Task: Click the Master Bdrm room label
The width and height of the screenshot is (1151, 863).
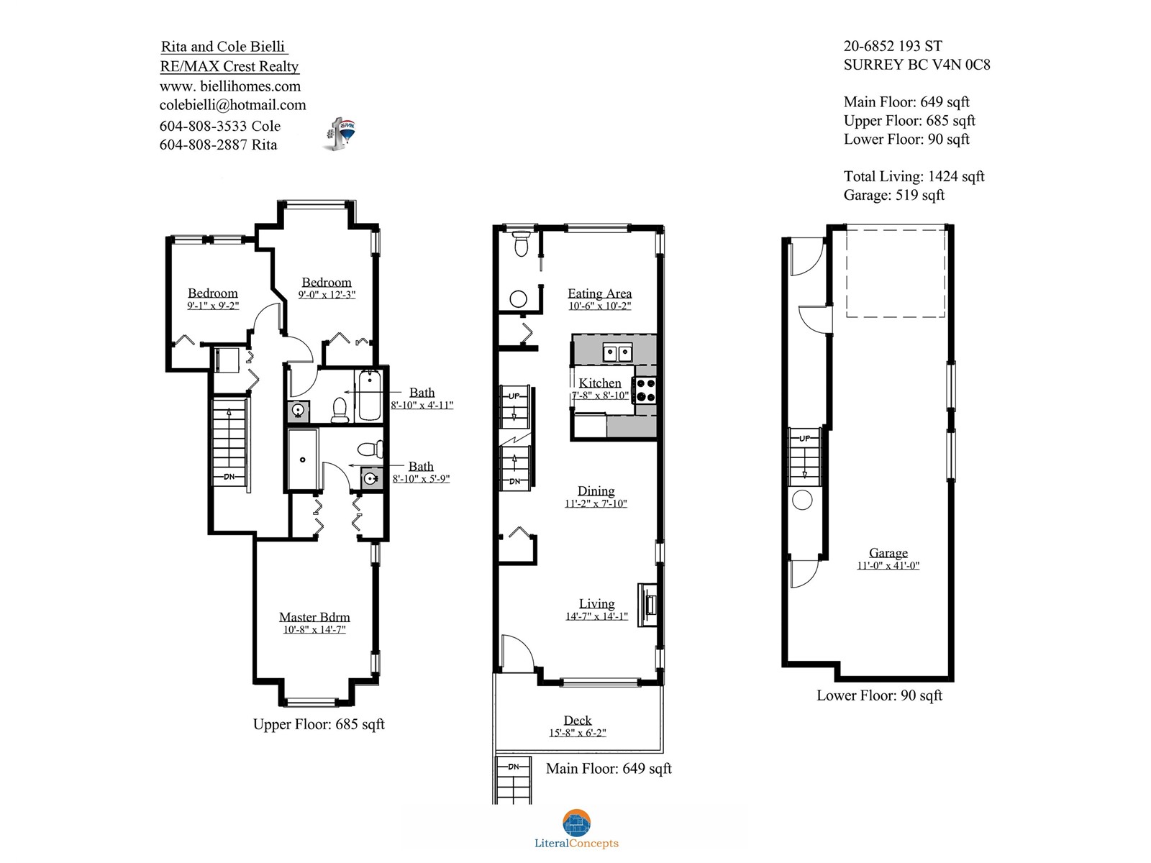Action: [x=314, y=617]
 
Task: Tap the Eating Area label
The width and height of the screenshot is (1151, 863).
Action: [x=599, y=293]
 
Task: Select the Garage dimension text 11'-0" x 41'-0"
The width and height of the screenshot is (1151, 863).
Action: [x=888, y=565]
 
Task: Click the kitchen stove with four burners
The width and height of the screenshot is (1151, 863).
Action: [x=645, y=391]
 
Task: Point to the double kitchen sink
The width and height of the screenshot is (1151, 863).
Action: [x=617, y=352]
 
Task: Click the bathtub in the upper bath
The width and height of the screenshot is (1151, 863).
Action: [x=369, y=395]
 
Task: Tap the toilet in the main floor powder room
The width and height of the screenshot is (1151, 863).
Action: [x=521, y=243]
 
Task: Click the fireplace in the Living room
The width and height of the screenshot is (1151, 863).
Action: [x=647, y=605]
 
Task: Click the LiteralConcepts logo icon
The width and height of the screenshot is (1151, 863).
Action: [x=576, y=823]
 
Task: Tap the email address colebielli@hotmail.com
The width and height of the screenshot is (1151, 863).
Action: [x=233, y=105]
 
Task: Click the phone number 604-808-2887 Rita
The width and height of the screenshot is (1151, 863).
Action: [x=218, y=145]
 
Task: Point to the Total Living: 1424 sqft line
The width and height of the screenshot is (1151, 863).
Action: [x=914, y=177]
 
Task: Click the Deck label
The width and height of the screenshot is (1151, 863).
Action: [x=578, y=721]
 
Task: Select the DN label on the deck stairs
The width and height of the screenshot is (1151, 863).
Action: [x=514, y=767]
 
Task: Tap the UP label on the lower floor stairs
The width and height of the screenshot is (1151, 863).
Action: [x=804, y=438]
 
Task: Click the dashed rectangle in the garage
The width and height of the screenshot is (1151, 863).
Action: [x=895, y=273]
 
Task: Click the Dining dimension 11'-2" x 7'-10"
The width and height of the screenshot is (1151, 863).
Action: [x=596, y=503]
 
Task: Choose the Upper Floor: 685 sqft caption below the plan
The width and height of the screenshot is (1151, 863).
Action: [x=319, y=724]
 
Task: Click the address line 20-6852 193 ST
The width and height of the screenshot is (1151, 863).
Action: [x=893, y=46]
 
